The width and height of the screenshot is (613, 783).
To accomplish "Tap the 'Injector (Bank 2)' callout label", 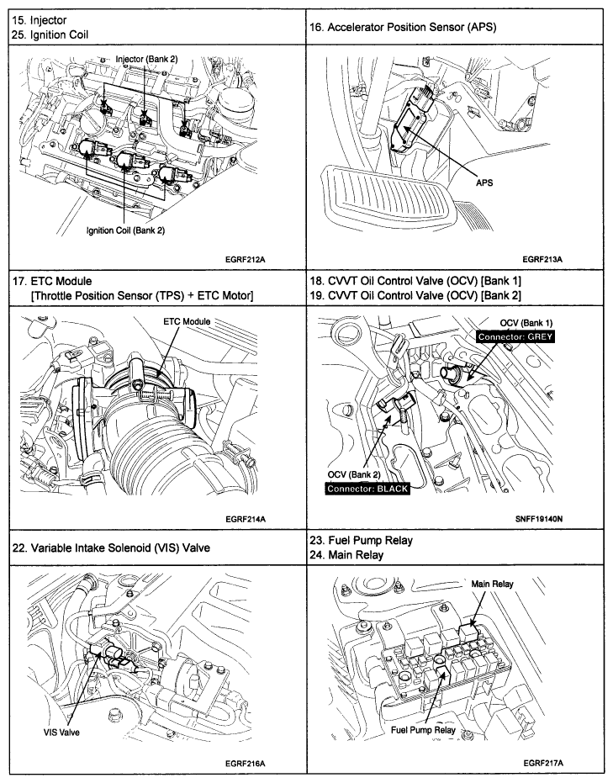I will click(147, 58).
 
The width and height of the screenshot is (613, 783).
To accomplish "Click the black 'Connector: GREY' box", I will click(514, 336).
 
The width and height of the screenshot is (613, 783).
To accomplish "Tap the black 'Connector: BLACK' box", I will click(367, 488).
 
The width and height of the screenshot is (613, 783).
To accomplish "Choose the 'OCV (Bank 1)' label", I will click(526, 323).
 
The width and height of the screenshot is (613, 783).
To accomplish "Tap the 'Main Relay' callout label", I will click(492, 583).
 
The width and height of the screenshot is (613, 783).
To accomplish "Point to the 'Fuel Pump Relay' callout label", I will click(423, 729).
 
